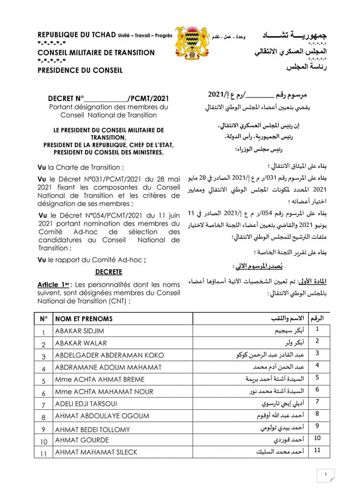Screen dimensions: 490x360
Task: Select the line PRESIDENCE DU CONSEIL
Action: coord(80,70)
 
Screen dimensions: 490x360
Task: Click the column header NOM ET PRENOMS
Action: coord(84,318)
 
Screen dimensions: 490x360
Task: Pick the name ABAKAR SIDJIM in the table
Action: coord(79,331)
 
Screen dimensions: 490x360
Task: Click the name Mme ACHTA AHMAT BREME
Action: coord(99,379)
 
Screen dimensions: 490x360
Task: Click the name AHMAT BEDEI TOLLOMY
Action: coord(92,429)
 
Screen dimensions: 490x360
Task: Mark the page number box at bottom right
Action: coord(325,475)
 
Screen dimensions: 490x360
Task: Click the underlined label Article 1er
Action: coord(53,284)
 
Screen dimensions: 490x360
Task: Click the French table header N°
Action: coord(44,318)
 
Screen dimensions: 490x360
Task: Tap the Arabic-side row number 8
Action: coord(317,414)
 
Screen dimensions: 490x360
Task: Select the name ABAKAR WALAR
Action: coord(78,344)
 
